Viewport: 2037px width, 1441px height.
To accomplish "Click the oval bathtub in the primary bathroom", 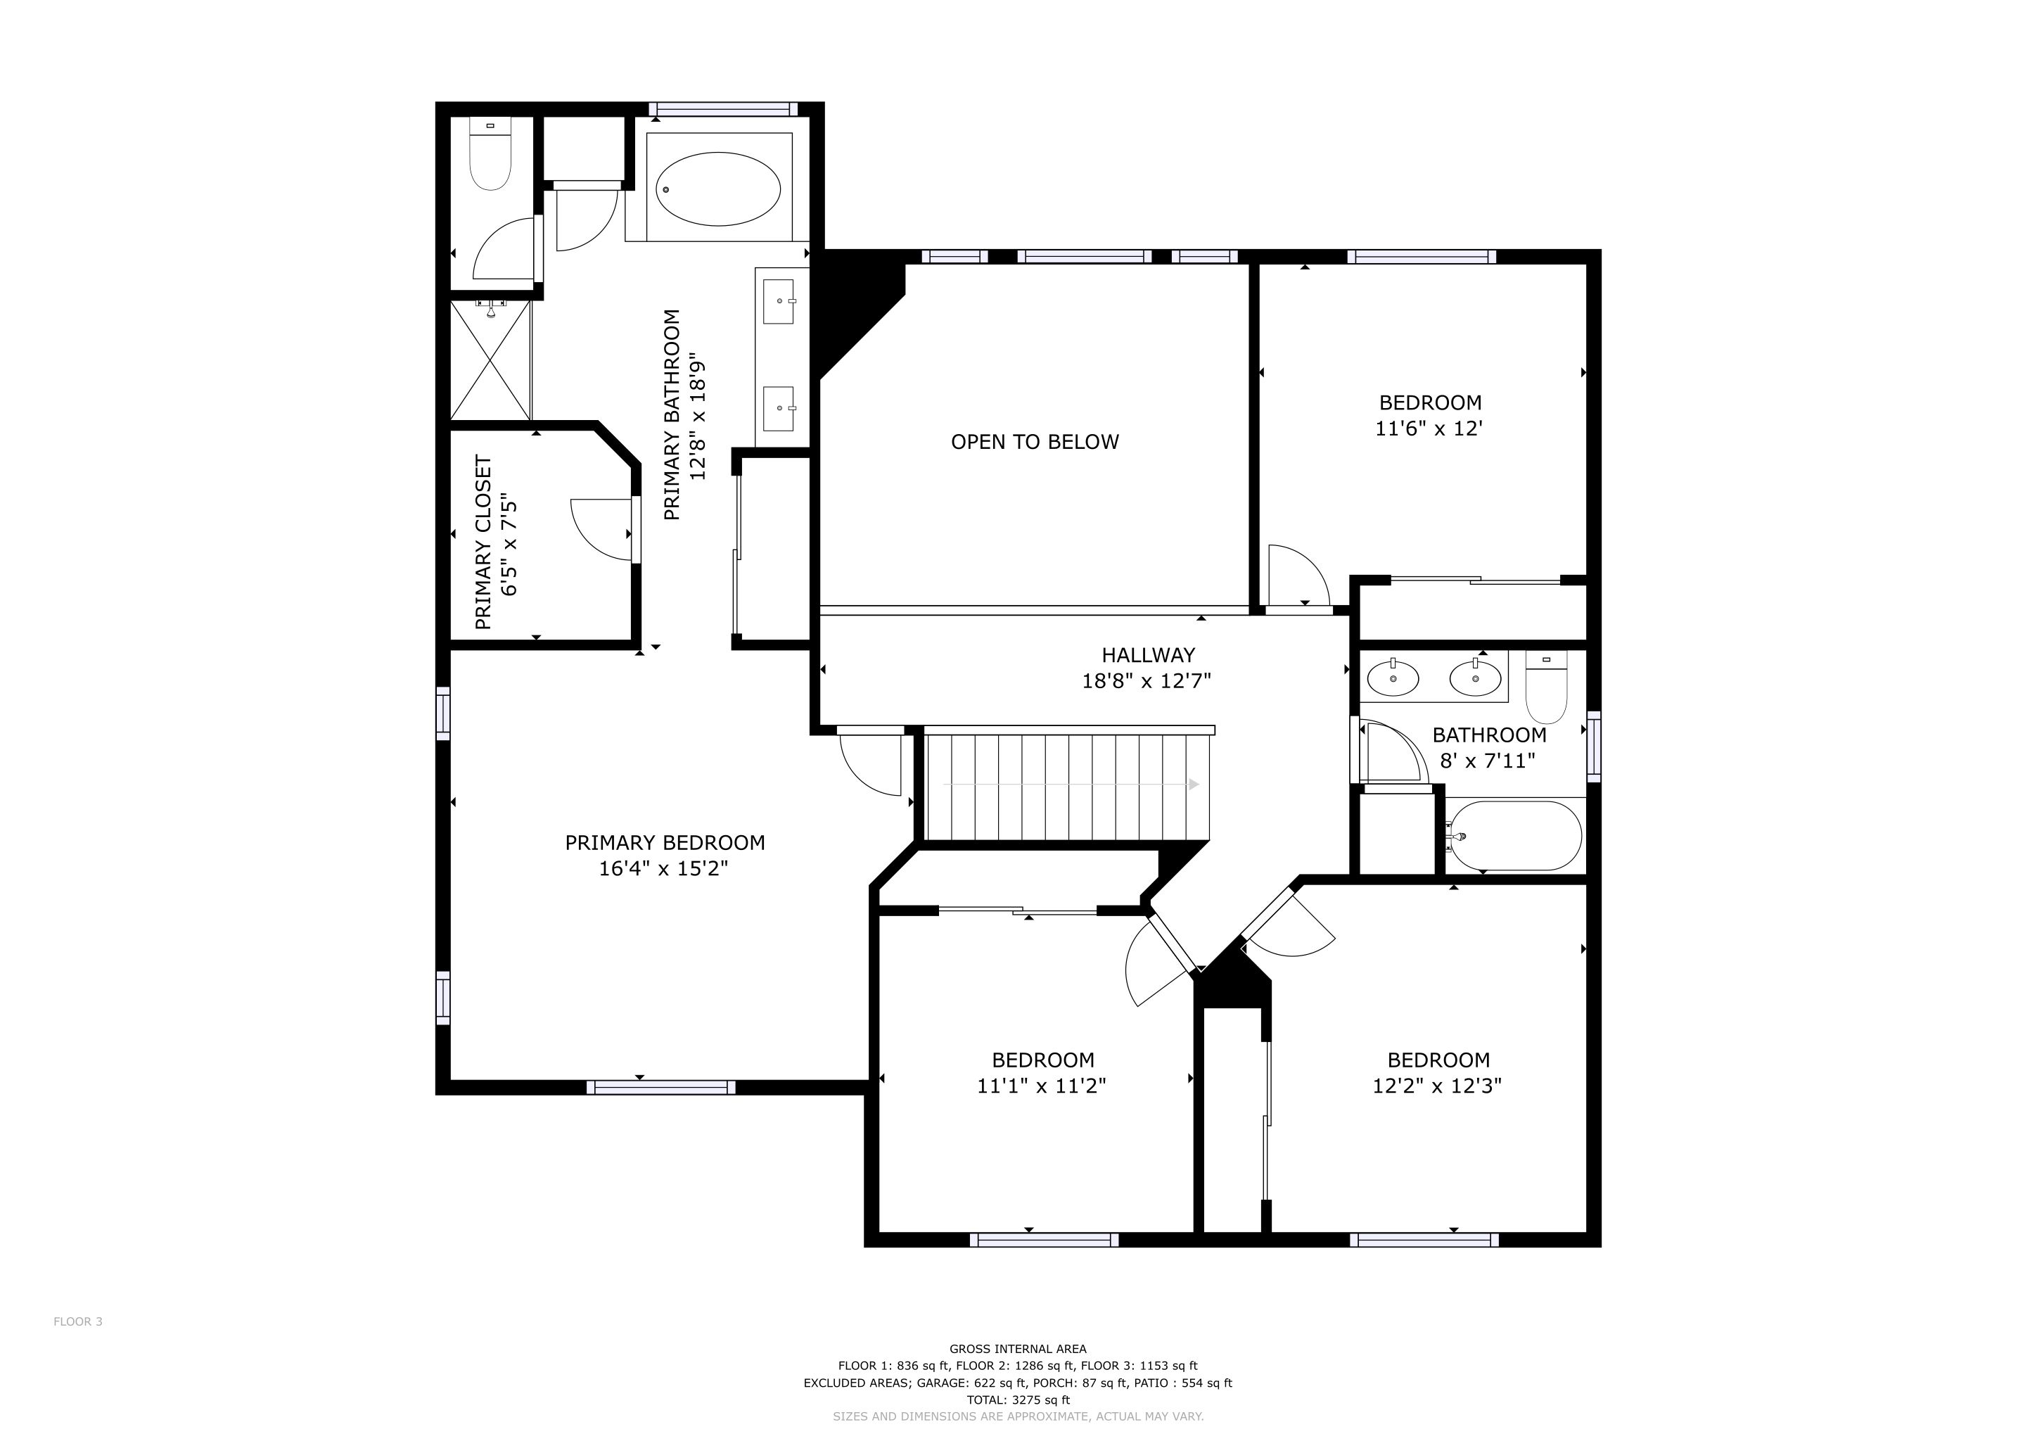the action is tap(719, 188).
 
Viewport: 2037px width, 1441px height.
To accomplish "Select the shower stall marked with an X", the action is tap(491, 360).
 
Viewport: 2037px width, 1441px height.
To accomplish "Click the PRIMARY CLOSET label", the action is tap(483, 542).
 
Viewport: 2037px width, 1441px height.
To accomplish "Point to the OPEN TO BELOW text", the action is tap(1035, 442).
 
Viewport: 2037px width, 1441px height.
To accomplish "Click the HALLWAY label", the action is tap(1148, 655).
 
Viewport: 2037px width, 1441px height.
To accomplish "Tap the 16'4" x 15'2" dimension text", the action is tap(663, 868).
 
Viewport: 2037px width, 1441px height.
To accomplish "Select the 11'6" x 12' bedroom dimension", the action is tap(1429, 429).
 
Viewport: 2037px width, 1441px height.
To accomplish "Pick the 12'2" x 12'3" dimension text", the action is tap(1437, 1085).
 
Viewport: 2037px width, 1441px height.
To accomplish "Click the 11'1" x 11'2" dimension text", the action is tap(1042, 1085).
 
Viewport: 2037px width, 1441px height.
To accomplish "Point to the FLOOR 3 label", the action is tap(78, 1321).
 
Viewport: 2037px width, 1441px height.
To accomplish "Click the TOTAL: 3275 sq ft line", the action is tap(1018, 1400).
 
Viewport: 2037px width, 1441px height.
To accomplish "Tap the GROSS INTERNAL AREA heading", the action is tap(1018, 1349).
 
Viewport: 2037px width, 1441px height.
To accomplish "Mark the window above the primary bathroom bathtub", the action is tap(722, 109).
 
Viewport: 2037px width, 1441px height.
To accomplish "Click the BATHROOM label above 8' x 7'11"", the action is tap(1490, 735).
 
